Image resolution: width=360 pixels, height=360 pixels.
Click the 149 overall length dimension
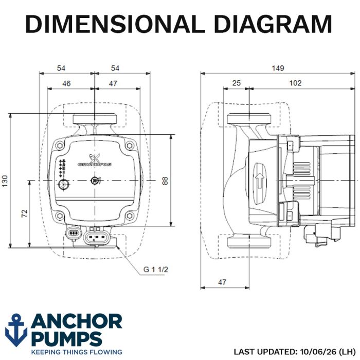278,68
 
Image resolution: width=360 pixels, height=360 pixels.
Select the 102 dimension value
295,83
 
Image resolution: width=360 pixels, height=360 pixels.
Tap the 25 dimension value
236,83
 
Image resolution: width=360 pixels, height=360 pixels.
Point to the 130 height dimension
5,181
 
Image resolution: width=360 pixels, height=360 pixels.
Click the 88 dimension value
165,181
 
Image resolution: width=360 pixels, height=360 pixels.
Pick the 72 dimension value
24,213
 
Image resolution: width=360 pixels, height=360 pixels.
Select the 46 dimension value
66,83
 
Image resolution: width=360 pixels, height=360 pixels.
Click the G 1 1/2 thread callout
156,269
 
